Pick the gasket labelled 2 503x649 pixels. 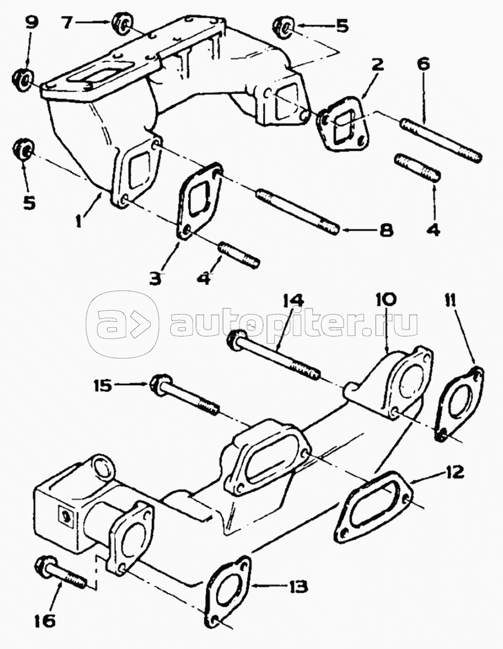pyautogui.click(x=342, y=123)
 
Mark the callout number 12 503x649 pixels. pyautogui.click(x=453, y=472)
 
